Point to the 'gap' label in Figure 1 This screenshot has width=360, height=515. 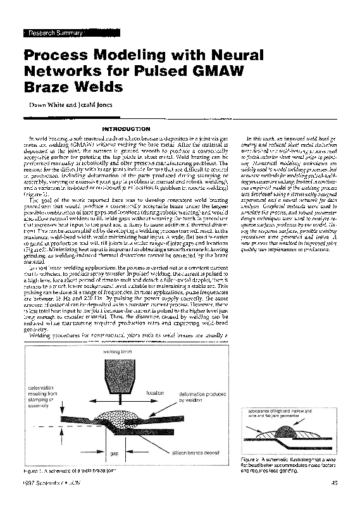[113, 453]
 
